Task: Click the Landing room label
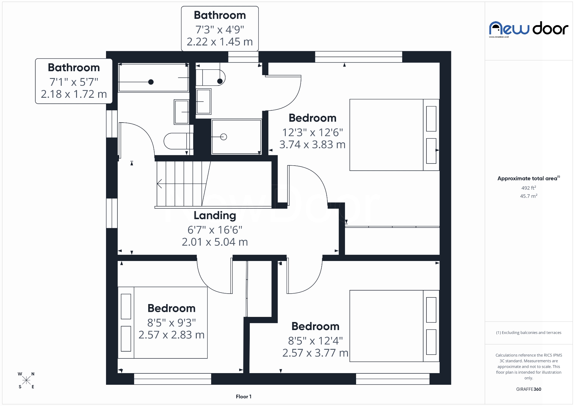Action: coord(215,215)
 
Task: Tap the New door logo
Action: coord(529,29)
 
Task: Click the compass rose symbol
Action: coord(26,380)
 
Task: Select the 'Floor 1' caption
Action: coord(243,396)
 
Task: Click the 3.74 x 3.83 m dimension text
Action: coord(312,145)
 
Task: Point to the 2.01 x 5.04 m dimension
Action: coord(215,242)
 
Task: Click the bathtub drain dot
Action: coord(151,82)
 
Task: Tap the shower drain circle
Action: coord(223,137)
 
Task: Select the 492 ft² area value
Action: coord(529,188)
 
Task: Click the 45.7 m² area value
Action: coord(529,196)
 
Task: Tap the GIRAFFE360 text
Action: coord(529,389)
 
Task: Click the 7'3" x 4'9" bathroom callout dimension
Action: coord(220,30)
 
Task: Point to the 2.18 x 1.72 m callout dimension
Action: coord(74,94)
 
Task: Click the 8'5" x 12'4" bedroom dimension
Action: coord(315,341)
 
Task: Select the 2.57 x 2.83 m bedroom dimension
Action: coord(171,335)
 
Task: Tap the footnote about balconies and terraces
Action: coord(529,332)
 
